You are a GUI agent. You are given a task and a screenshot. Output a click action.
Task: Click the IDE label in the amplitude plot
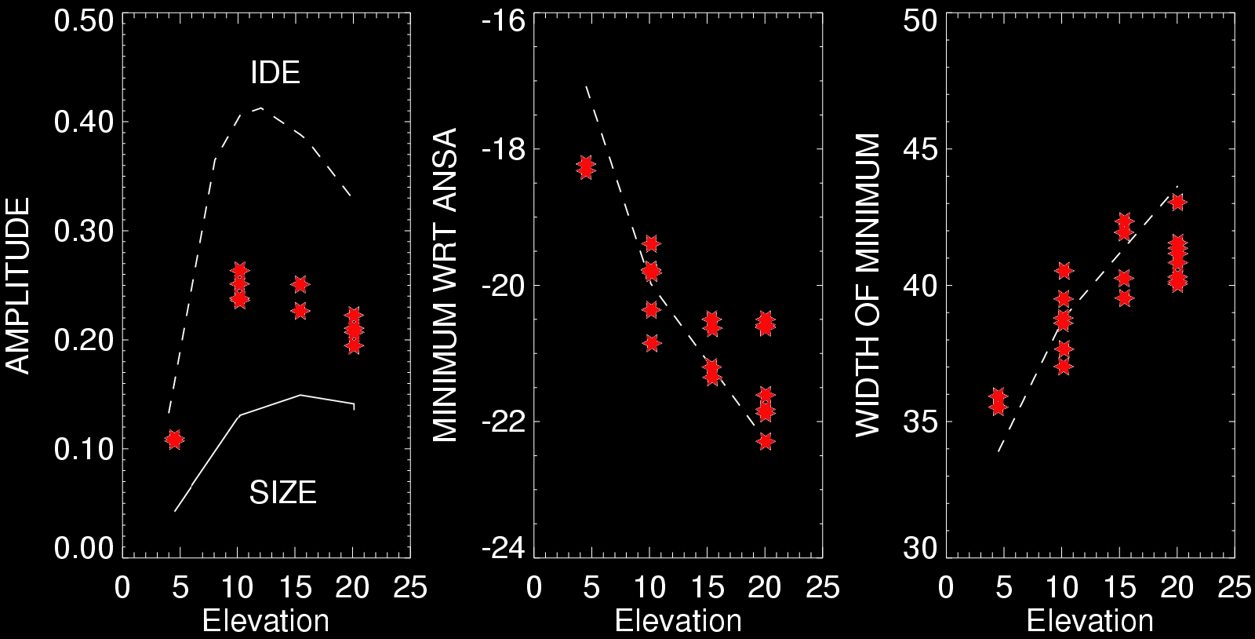point(275,73)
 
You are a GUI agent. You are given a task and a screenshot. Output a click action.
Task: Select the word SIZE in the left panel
point(282,493)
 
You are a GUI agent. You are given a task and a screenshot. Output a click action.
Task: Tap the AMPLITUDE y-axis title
point(17,286)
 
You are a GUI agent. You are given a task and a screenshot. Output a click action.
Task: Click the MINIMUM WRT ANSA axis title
point(446,287)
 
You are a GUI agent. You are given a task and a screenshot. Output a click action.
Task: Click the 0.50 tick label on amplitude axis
point(83,20)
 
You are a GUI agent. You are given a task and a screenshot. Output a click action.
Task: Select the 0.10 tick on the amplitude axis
point(83,450)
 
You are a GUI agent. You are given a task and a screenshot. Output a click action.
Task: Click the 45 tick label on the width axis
point(920,149)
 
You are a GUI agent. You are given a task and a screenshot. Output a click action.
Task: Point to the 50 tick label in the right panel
point(920,20)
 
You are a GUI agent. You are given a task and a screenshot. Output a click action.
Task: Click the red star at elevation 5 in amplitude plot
point(174,440)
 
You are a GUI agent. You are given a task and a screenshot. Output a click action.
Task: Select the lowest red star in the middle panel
point(766,441)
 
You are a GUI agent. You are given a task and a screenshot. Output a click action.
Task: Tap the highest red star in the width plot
point(1177,203)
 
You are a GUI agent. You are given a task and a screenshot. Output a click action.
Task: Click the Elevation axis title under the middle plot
point(678,621)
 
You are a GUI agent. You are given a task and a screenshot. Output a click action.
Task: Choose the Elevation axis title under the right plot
point(1089,621)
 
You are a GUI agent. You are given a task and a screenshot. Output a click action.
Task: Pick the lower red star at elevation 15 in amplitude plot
point(300,311)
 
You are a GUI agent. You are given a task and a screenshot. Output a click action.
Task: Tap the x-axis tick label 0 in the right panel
point(946,588)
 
